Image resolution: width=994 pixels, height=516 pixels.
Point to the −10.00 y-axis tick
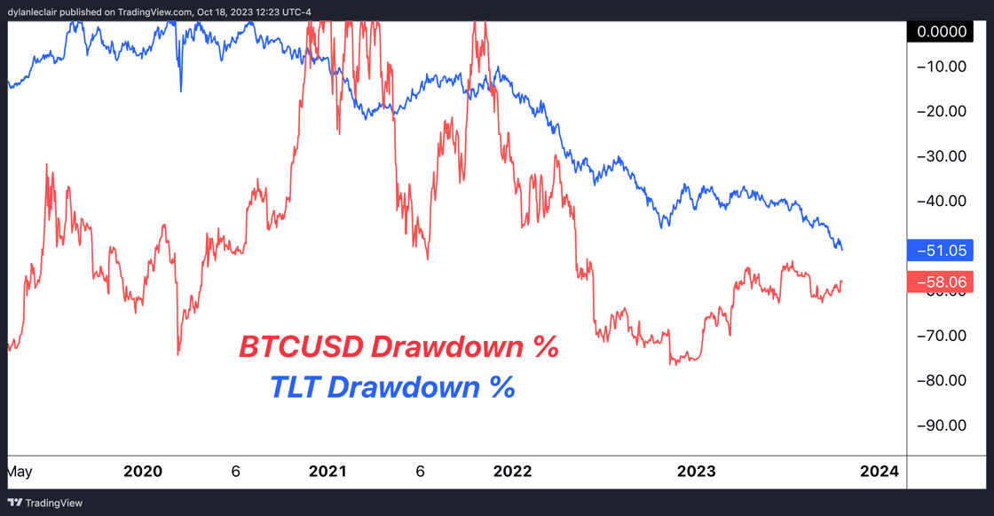943,66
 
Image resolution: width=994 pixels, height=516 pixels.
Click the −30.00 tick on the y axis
943,155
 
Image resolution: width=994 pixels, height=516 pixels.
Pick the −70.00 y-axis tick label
943,335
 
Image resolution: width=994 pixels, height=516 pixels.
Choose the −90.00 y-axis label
943,425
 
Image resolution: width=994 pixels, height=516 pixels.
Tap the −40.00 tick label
943,201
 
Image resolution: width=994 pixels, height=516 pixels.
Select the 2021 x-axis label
328,472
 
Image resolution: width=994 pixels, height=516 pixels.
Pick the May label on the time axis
20,472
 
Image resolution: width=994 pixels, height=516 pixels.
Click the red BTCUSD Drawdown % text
398,347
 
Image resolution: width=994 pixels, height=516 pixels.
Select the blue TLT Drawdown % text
392,387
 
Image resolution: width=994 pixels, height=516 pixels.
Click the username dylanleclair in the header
36,12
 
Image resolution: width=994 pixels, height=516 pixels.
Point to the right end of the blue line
841,250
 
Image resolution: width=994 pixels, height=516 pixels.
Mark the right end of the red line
841,282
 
